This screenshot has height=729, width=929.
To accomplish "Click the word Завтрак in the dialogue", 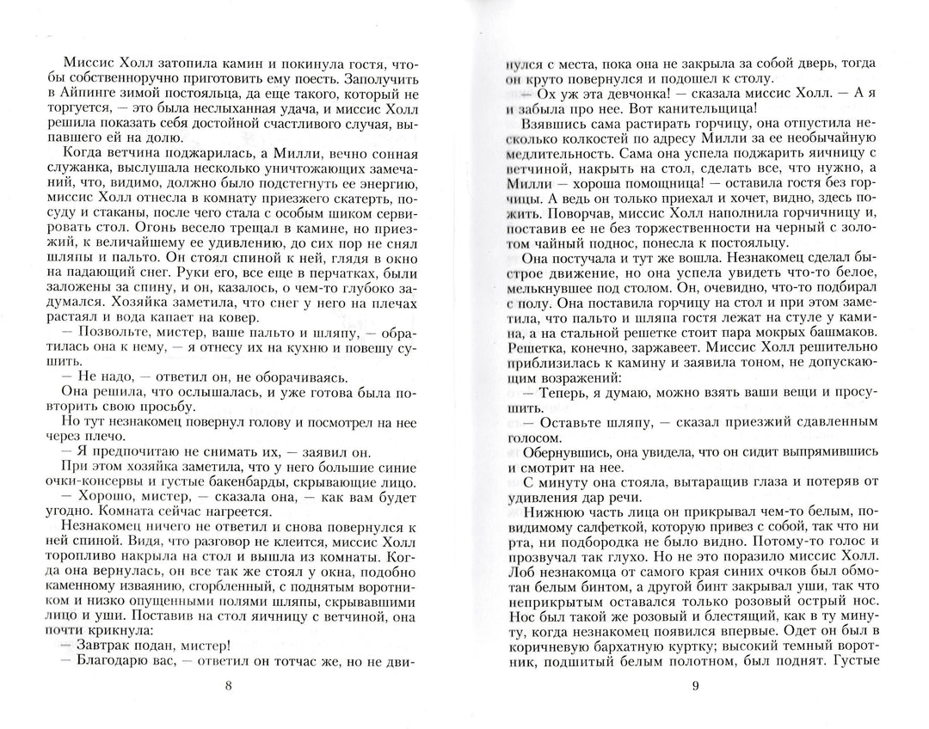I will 106,645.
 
